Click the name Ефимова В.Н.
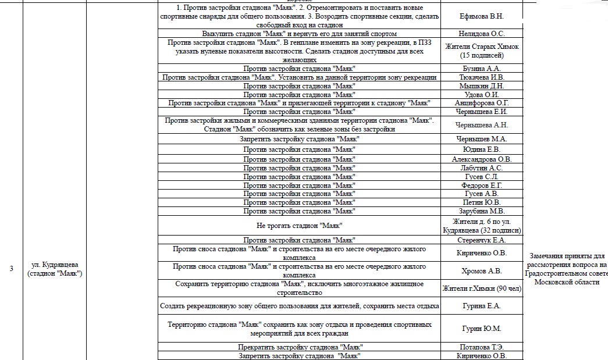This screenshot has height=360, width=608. click(481, 16)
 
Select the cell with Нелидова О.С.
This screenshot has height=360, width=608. click(481, 34)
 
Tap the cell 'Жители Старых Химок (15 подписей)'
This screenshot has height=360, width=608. click(481, 51)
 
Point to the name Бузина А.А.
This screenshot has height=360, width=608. click(481, 69)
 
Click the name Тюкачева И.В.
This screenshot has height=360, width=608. click(481, 77)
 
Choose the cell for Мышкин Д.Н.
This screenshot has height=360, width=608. click(481, 86)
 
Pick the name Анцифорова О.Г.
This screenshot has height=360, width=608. click(481, 103)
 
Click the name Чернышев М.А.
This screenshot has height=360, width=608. click(481, 139)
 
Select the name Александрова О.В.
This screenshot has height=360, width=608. click(481, 159)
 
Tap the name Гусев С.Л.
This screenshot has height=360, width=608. click(481, 177)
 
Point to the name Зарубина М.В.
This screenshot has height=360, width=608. click(481, 211)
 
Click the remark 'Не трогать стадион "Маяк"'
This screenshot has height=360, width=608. click(299, 225)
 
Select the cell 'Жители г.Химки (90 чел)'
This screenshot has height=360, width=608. click(481, 288)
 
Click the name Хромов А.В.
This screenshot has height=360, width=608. click(481, 270)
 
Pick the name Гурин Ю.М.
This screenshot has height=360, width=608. click(481, 329)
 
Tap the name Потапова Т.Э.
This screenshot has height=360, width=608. click(481, 347)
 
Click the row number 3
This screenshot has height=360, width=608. click(11, 268)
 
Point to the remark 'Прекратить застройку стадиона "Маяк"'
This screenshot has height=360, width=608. click(299, 347)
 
